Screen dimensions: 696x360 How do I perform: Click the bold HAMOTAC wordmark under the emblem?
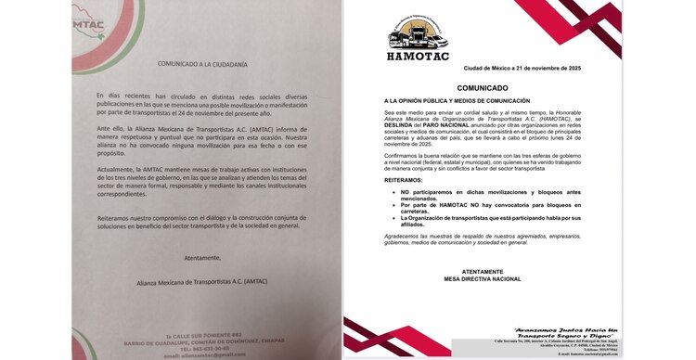[x=418, y=57]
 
